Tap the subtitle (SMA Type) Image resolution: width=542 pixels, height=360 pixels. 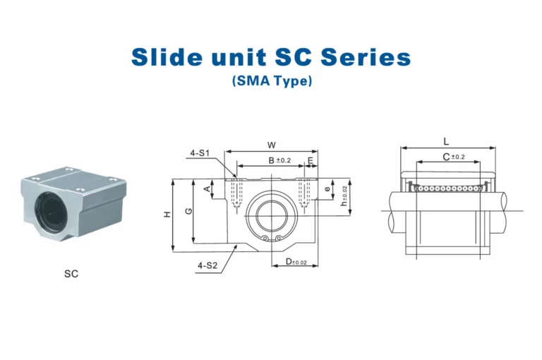click(272, 80)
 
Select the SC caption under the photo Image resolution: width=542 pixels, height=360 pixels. click(71, 274)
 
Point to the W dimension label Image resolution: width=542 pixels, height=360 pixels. click(272, 145)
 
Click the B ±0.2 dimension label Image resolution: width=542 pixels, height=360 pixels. click(279, 160)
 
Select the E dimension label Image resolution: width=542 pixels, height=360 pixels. click(311, 160)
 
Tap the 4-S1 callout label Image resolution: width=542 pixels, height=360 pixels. click(200, 153)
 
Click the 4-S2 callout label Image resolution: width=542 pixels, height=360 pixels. click(207, 265)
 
